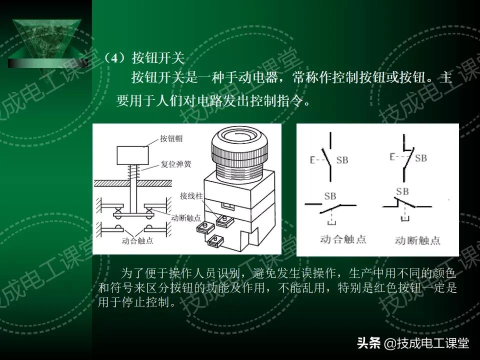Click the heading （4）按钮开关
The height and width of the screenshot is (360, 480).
pyautogui.click(x=144, y=58)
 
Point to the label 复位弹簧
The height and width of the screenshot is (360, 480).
pyautogui.click(x=175, y=163)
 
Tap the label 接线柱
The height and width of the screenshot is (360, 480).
pyautogui.click(x=191, y=196)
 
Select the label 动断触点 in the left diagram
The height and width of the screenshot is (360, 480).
pyautogui.click(x=186, y=218)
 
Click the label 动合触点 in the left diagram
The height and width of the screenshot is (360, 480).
pyautogui.click(x=137, y=240)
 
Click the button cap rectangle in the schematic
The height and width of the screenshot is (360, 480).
pyautogui.click(x=131, y=155)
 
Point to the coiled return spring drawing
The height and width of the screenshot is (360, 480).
pyautogui.click(x=132, y=172)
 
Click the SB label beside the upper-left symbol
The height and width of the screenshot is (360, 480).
pyautogui.click(x=342, y=160)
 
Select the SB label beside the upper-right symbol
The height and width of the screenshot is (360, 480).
pyautogui.click(x=420, y=158)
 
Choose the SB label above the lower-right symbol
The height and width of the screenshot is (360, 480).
pyautogui.click(x=402, y=191)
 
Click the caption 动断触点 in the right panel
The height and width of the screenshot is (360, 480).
pyautogui.click(x=417, y=240)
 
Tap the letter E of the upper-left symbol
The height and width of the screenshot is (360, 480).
pyautogui.click(x=312, y=160)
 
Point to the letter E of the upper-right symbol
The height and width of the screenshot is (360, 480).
pyautogui.click(x=392, y=157)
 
